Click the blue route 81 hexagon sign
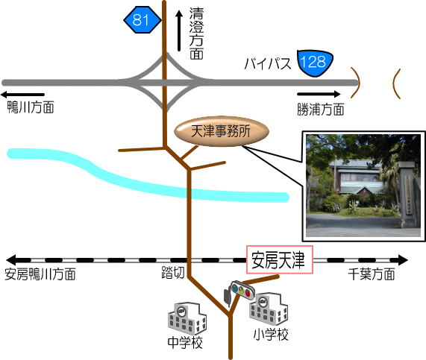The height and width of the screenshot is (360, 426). click(142, 20)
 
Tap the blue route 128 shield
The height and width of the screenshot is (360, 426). click(315, 63)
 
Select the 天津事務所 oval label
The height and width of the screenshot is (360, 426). click(222, 131)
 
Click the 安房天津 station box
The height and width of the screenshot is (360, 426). click(280, 260)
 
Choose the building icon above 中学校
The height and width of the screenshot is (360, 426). click(187, 318)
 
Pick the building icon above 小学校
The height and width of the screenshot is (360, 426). click(269, 309)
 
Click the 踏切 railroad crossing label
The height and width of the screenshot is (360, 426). click(173, 273)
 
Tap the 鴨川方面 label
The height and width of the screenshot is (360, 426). click(31, 107)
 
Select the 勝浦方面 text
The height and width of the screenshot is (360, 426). click(321, 110)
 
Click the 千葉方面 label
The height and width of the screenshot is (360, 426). click(372, 274)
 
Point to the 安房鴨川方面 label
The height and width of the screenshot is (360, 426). click(40, 274)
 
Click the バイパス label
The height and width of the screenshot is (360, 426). click(268, 64)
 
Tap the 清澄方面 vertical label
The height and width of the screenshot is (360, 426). click(196, 34)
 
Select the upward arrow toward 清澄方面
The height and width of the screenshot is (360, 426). click(179, 31)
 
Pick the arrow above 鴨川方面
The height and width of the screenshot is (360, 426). click(22, 95)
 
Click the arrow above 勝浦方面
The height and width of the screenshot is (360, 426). click(319, 94)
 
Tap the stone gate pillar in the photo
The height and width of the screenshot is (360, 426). click(406, 194)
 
